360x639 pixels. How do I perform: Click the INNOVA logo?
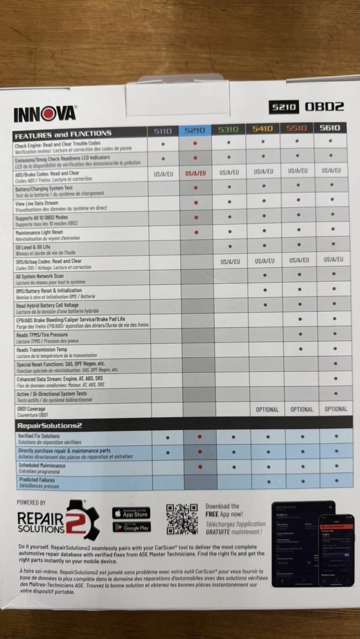click(44, 114)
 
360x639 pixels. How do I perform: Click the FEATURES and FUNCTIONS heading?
click(63, 134)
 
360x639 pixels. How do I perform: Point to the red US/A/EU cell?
click(196, 173)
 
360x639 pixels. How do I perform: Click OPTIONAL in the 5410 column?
click(263, 410)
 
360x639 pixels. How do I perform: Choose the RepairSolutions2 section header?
click(49, 425)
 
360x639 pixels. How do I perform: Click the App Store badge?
click(130, 513)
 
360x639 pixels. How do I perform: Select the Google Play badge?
click(130, 528)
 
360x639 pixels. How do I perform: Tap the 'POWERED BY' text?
click(31, 503)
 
